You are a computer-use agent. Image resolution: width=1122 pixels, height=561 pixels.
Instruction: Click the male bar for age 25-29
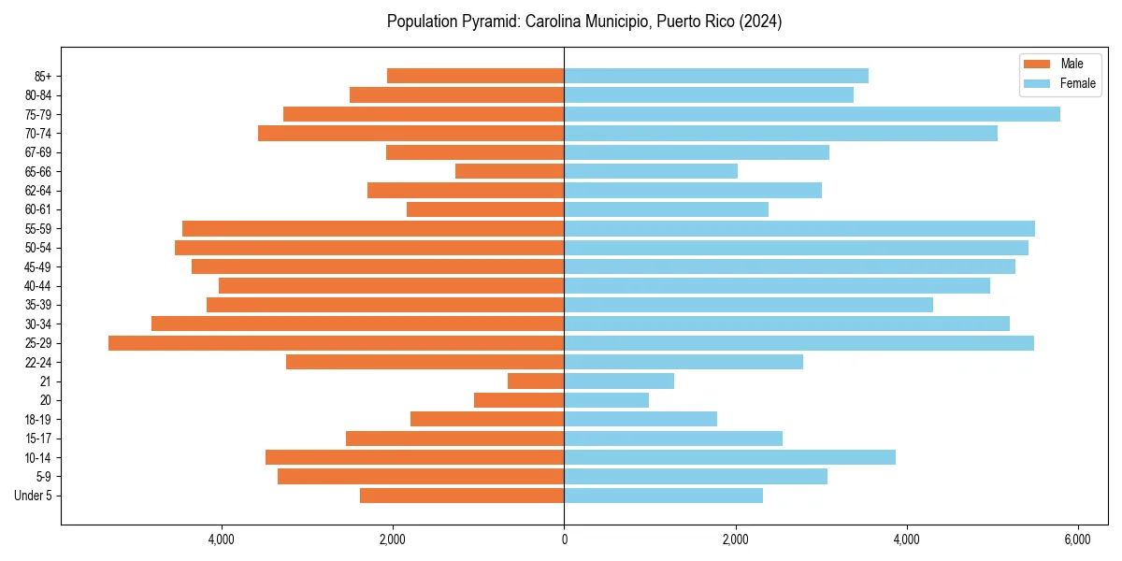[337, 343]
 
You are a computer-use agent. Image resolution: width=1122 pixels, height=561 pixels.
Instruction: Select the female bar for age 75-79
[812, 114]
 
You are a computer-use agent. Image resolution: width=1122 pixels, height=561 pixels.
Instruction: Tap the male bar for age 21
[536, 381]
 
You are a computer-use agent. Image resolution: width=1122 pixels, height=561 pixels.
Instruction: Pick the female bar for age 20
[606, 400]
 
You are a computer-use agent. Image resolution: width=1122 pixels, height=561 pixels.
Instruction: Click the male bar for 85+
[475, 76]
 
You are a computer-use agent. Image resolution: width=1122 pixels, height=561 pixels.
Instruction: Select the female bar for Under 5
[663, 496]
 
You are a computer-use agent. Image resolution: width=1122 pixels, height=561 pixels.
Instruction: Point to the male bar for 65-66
[510, 171]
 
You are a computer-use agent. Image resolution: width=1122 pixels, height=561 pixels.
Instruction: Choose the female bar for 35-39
[748, 305]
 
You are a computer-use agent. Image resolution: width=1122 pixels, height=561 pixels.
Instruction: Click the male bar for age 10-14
[414, 457]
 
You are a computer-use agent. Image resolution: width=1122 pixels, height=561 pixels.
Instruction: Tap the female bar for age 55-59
[799, 229]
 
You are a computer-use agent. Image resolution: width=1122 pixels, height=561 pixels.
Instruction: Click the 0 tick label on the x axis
[564, 539]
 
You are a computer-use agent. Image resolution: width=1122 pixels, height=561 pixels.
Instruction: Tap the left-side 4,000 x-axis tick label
[222, 539]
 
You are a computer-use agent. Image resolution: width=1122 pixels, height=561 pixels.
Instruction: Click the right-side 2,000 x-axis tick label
[735, 539]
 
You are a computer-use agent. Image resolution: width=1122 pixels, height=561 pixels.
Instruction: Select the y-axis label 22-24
[38, 363]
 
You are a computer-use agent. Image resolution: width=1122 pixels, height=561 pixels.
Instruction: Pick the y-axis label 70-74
[38, 134]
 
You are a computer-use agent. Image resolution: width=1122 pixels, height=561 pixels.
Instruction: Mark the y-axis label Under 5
[34, 496]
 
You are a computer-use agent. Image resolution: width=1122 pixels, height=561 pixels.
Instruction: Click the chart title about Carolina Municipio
[584, 22]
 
